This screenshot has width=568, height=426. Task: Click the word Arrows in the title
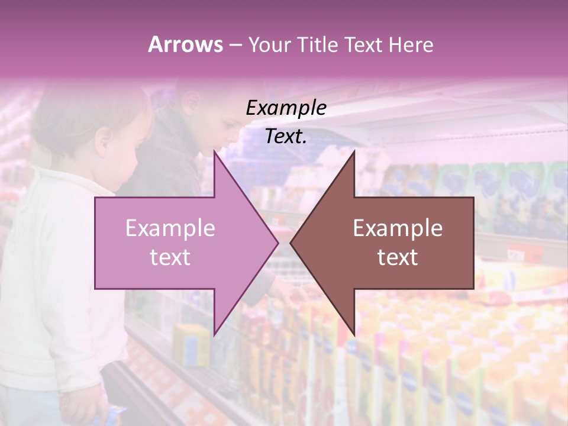click(185, 44)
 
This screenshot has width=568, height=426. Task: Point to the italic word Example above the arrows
click(286, 108)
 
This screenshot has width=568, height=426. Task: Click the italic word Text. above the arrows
click(286, 136)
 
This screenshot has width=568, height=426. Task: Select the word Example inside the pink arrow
click(170, 228)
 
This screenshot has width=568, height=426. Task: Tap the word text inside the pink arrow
click(170, 257)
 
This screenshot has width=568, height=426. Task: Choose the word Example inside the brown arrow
click(398, 228)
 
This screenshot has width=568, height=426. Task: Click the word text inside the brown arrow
click(398, 257)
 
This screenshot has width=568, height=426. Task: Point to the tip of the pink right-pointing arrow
click(278, 243)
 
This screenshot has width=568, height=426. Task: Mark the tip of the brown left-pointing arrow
click(291, 243)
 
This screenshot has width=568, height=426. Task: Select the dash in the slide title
click(235, 45)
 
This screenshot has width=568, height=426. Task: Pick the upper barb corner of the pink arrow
click(214, 151)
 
